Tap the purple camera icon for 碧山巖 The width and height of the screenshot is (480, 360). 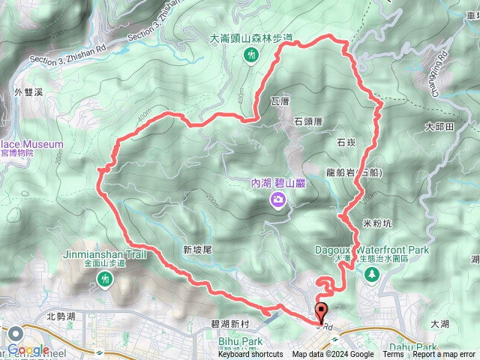click(x=278, y=199)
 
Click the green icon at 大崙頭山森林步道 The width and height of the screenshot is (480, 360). click(x=251, y=54)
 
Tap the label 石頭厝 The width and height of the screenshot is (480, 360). click(x=308, y=120)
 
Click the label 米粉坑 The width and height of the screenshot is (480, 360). click(x=376, y=223)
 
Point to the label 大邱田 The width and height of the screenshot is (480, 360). click(x=439, y=127)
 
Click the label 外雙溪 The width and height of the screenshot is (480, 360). click(x=28, y=93)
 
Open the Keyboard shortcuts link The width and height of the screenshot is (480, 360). click(x=250, y=355)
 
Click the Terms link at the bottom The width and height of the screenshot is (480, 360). click(x=393, y=355)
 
